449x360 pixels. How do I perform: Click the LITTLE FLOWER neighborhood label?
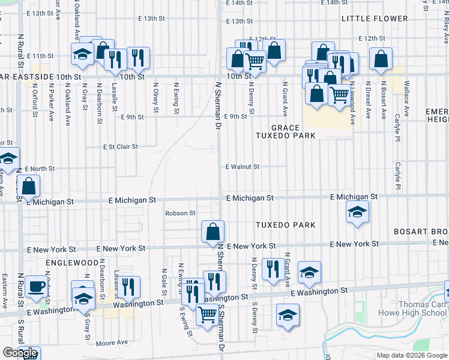[x=375, y=19]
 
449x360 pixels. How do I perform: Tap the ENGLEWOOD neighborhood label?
[x=71, y=263]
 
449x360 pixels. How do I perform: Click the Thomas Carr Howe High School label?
[x=413, y=308]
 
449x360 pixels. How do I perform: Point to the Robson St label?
[x=181, y=213]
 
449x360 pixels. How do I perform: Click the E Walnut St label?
[x=242, y=167]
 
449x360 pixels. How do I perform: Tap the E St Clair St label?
[x=120, y=146]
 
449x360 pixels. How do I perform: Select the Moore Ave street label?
[x=113, y=343]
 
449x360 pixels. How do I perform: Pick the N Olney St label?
[x=155, y=97]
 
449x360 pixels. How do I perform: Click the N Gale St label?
[x=163, y=281]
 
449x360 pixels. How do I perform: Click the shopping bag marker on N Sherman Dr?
[x=212, y=231]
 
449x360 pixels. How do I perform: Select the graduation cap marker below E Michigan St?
[x=357, y=212]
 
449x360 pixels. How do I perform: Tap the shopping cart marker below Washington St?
[x=208, y=314]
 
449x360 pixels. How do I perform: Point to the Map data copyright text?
[x=411, y=355]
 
